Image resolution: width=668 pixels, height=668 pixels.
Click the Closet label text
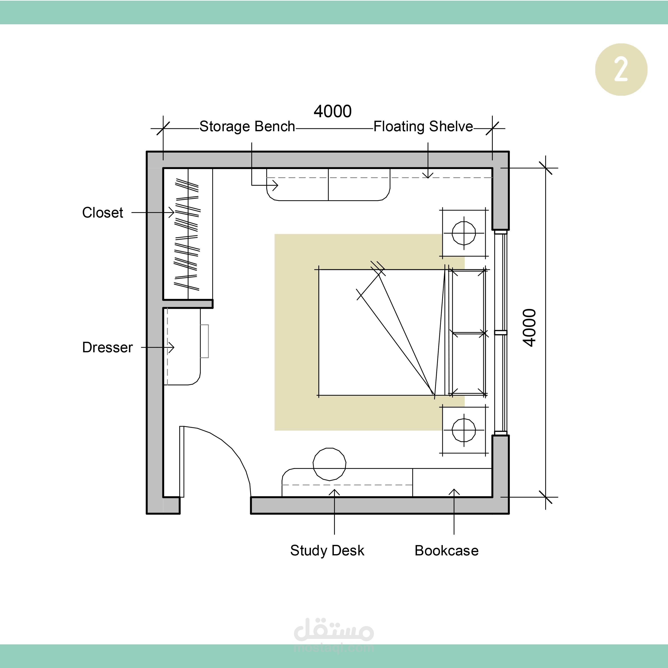click(x=102, y=213)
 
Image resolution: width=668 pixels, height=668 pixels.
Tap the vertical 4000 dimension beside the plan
click(x=529, y=327)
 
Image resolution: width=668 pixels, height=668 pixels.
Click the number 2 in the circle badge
click(x=621, y=69)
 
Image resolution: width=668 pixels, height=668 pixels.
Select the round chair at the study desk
click(x=330, y=464)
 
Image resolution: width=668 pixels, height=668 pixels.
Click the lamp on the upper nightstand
click(x=464, y=233)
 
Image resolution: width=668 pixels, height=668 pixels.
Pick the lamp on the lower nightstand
click(x=464, y=430)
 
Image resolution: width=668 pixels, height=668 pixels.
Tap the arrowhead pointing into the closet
click(x=171, y=212)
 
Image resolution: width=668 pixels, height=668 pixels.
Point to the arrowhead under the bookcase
click(x=454, y=492)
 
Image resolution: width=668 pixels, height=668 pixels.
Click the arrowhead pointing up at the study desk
click(x=334, y=492)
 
